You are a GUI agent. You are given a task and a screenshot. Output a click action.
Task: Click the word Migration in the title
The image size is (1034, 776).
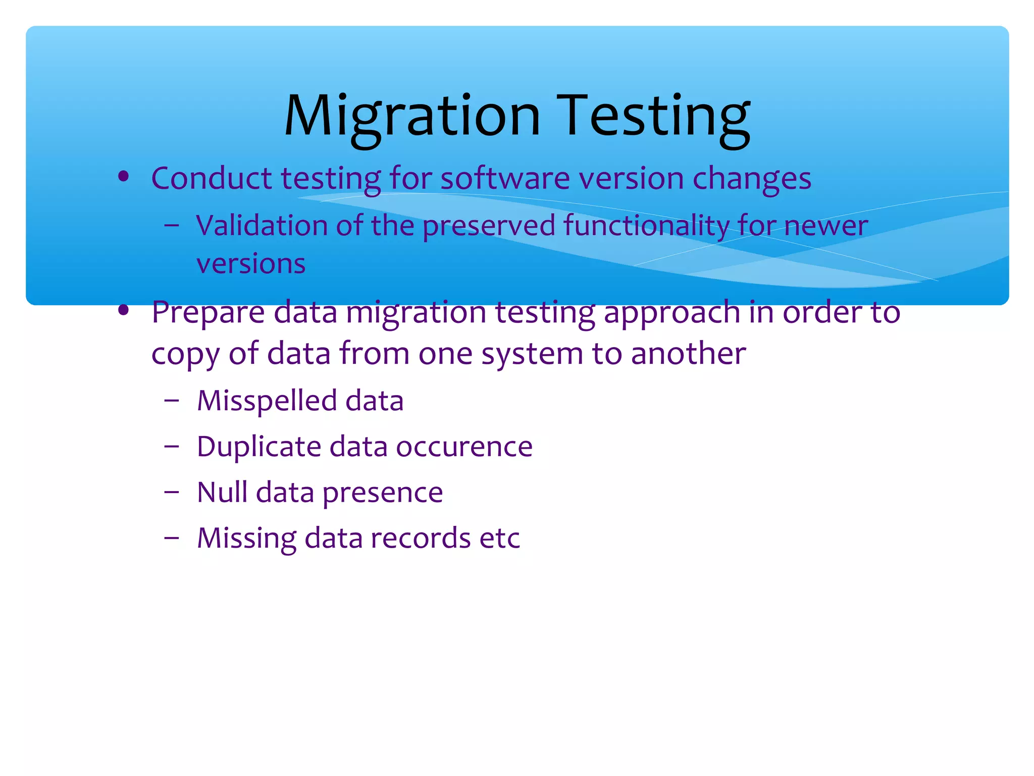pyautogui.click(x=412, y=117)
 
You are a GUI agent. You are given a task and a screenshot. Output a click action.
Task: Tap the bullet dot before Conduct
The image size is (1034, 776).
pyautogui.click(x=123, y=177)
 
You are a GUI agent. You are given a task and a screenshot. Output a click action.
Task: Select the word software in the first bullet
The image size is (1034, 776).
pyautogui.click(x=505, y=179)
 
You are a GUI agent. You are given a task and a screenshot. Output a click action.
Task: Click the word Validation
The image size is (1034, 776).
pyautogui.click(x=262, y=225)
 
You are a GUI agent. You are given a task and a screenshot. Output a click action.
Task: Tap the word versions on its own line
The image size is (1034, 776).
pyautogui.click(x=251, y=264)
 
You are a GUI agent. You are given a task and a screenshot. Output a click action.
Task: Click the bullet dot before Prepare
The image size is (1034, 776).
pyautogui.click(x=123, y=310)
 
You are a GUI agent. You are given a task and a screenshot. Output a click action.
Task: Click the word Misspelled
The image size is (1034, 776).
pyautogui.click(x=267, y=401)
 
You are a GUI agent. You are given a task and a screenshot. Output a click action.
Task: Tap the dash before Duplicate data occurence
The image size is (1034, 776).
pyautogui.click(x=172, y=447)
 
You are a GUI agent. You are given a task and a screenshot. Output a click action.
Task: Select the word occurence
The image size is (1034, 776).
pyautogui.click(x=464, y=447)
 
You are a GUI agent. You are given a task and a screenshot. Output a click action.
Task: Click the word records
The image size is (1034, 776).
pyautogui.click(x=421, y=538)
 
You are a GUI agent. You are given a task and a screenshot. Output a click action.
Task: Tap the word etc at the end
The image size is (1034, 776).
pyautogui.click(x=499, y=539)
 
